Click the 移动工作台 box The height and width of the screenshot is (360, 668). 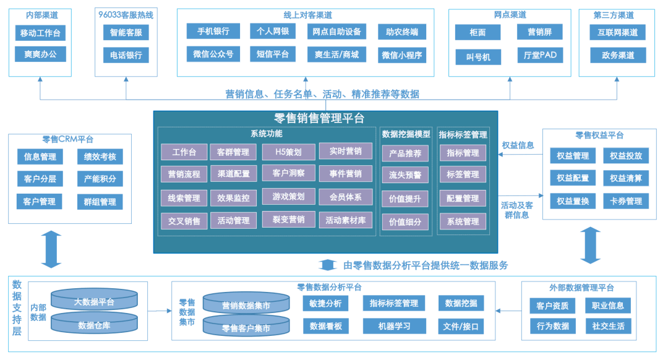pyautogui.click(x=40, y=33)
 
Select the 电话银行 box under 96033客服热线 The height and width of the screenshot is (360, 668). pyautogui.click(x=126, y=54)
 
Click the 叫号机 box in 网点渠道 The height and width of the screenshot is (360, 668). pyautogui.click(x=478, y=57)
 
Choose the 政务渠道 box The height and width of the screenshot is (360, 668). pyautogui.click(x=617, y=55)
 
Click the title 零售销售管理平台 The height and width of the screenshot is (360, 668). pyautogui.click(x=319, y=118)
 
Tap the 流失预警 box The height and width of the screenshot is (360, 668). pyautogui.click(x=405, y=175)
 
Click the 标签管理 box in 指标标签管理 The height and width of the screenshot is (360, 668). pyautogui.click(x=463, y=175)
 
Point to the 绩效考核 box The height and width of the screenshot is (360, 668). pyautogui.click(x=100, y=157)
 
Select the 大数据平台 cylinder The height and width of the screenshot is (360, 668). pyautogui.click(x=94, y=301)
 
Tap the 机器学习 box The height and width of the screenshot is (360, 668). pyautogui.click(x=395, y=326)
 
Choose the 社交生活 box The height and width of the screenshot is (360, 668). pyautogui.click(x=608, y=326)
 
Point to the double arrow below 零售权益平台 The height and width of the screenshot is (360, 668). pyautogui.click(x=591, y=244)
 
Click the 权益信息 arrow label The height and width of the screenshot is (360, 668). pyautogui.click(x=518, y=145)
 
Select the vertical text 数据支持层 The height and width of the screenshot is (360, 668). pyautogui.click(x=17, y=307)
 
